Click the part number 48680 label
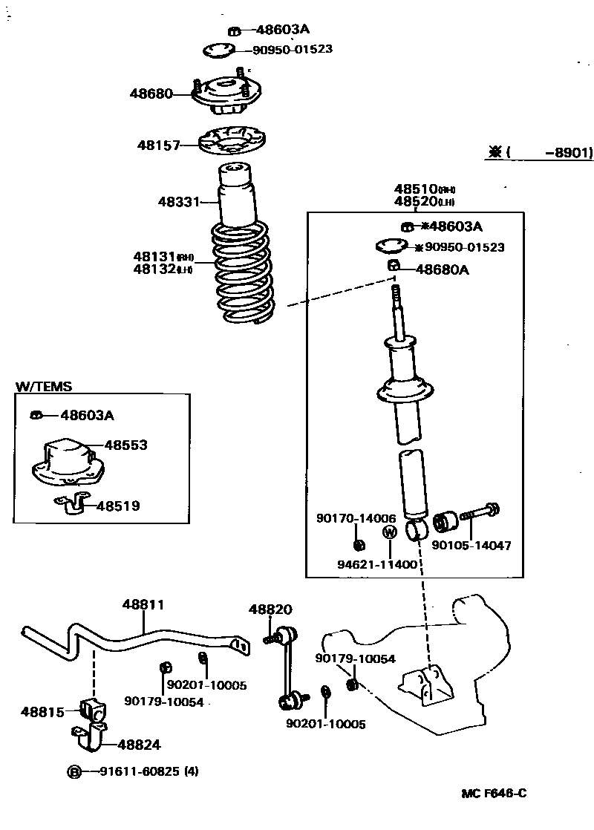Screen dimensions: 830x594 coord(151,94)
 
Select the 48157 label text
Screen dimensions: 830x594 coord(157,146)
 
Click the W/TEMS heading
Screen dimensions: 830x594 coord(44,387)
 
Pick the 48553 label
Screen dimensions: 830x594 coord(125,445)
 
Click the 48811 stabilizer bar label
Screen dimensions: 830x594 coord(143,605)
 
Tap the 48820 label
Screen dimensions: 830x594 coord(270,609)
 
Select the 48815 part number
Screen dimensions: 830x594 coord(42,711)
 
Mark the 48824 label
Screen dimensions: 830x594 coord(139,745)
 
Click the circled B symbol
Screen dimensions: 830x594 coord(74,772)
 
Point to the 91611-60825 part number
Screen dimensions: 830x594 coord(140,772)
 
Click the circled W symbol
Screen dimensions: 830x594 coord(389,532)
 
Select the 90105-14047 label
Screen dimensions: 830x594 coord(471,545)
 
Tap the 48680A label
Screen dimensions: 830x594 coord(442,270)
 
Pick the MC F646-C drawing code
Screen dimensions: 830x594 coord(494,794)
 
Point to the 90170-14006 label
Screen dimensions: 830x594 coord(356,519)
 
